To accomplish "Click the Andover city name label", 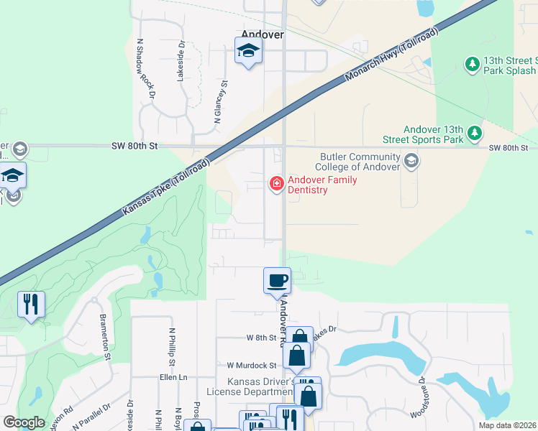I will coord(263,34).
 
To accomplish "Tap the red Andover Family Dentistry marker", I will coord(275,185).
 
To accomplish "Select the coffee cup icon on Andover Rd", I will coord(277,280).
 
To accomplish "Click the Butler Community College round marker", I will coord(411,160).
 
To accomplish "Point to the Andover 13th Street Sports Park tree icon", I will coord(474,132).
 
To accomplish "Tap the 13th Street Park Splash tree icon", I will coord(473,65).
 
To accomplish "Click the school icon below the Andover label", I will coord(248,51).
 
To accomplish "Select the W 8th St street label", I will coord(262,337).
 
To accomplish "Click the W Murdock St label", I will coord(252,365).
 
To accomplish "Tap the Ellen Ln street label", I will coord(173,376).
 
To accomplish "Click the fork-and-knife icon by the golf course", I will coord(31,304).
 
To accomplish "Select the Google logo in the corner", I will coord(24,422).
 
